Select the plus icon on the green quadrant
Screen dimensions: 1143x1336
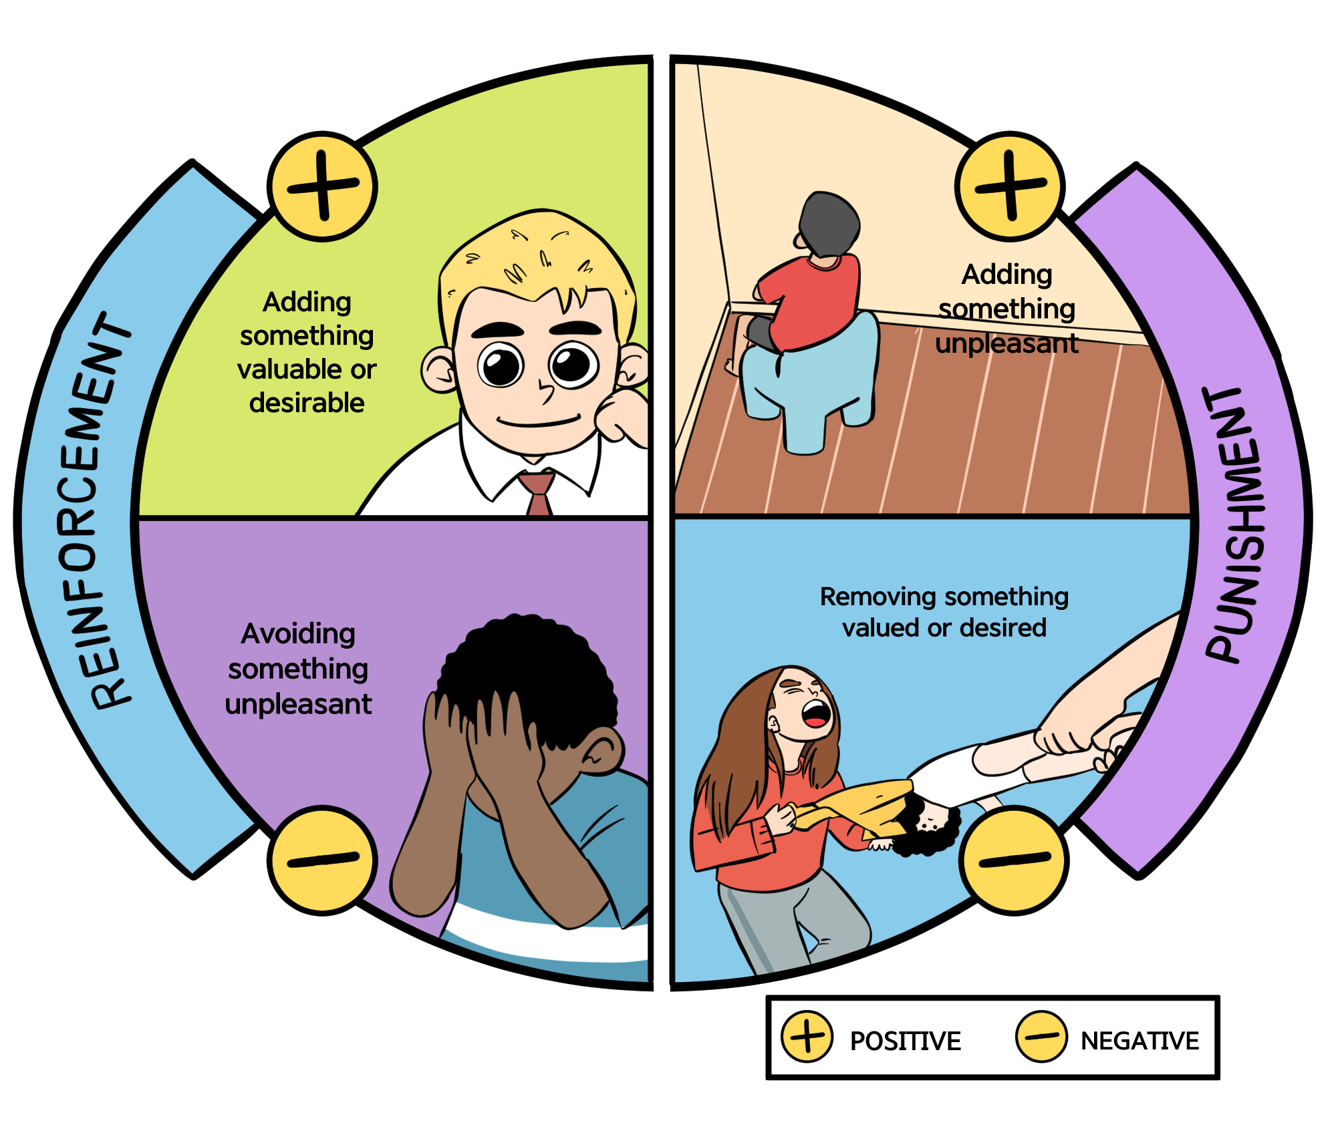323,186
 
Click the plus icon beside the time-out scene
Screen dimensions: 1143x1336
1010,186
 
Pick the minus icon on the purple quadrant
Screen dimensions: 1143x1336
323,860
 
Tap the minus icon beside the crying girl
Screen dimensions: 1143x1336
1014,860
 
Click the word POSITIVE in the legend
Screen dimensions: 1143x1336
905,1041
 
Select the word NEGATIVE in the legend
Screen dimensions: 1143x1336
1140,1041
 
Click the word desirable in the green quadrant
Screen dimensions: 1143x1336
307,403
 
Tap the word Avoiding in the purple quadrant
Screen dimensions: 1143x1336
298,634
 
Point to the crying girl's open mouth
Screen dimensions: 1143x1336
817,713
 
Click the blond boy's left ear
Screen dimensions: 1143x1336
438,371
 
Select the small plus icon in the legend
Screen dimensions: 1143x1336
807,1037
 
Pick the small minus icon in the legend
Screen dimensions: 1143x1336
1041,1037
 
